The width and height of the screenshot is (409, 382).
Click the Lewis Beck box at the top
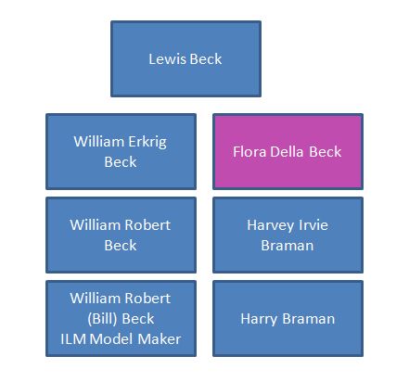(185, 59)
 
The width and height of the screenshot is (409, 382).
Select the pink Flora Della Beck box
(288, 151)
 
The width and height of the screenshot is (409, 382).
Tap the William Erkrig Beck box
(121, 151)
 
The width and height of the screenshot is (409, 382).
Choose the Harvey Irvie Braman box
(288, 235)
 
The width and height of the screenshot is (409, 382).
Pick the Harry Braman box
(288, 318)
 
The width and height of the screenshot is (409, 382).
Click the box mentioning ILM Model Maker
(121, 318)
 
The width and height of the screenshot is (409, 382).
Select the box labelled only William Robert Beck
(121, 235)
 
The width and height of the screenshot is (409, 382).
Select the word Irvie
(313, 225)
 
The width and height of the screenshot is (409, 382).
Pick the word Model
(114, 339)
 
